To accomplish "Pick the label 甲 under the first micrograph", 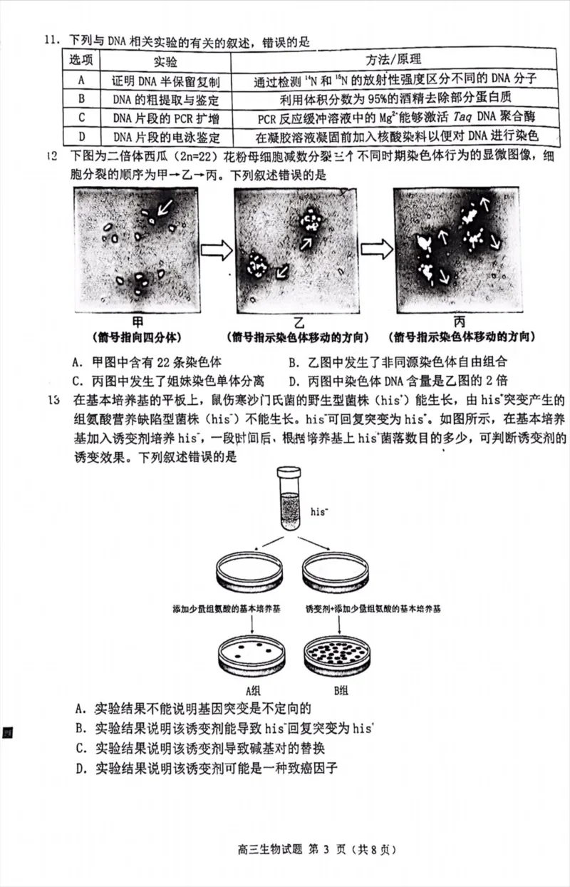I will tap(138, 322).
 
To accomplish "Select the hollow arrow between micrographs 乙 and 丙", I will tap(377, 250).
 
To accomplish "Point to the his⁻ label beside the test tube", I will tap(321, 512).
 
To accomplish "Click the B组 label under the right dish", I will tap(341, 689).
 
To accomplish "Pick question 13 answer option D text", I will tap(207, 768).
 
